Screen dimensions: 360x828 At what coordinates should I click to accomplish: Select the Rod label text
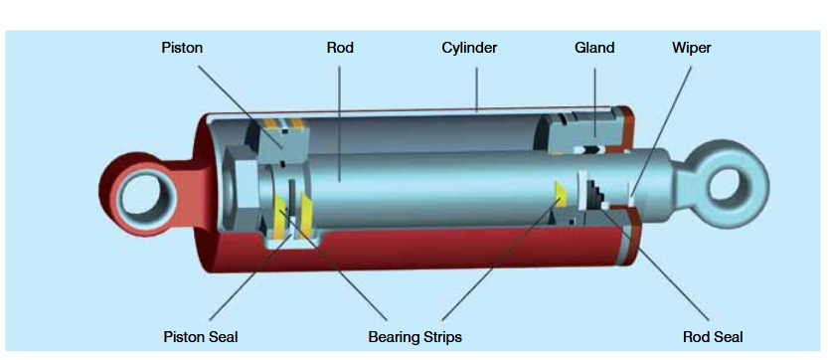click(340, 47)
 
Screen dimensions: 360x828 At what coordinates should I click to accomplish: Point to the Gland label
click(594, 47)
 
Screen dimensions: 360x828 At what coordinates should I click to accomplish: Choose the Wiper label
click(692, 47)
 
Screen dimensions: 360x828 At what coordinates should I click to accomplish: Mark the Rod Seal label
click(713, 336)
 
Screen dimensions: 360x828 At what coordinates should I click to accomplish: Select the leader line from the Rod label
click(339, 109)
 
